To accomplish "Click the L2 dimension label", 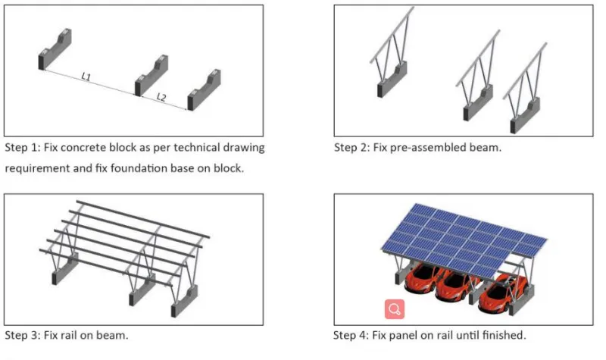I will (x=161, y=97).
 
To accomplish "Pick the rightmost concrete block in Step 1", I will (x=202, y=89).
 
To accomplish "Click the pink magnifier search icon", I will (x=394, y=308).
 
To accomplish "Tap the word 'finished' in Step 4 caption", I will (x=502, y=335).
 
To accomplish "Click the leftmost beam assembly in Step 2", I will (x=395, y=64).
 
